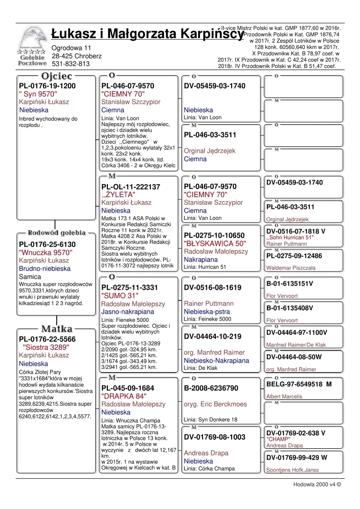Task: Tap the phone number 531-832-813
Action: click(x=71, y=64)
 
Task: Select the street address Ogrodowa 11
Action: click(x=72, y=48)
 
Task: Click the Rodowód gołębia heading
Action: click(x=56, y=233)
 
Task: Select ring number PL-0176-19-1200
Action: click(x=47, y=86)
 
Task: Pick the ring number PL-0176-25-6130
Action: click(x=47, y=244)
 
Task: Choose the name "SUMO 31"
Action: click(x=116, y=296)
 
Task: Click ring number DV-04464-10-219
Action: click(x=214, y=336)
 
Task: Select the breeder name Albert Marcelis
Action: click(x=284, y=396)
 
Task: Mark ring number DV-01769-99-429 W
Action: click(x=297, y=458)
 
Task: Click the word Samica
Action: click(x=30, y=276)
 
